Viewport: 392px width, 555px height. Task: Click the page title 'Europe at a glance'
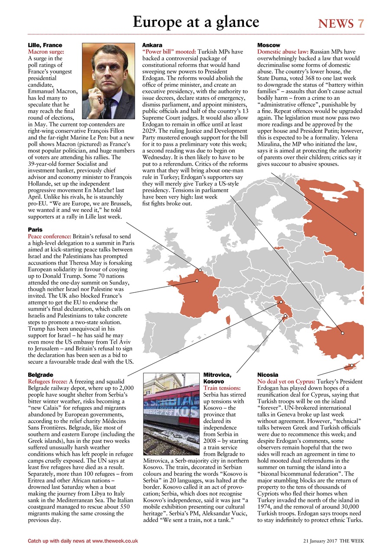196,22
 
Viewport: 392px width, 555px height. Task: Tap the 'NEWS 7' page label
341,23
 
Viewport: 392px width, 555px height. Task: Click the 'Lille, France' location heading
45,45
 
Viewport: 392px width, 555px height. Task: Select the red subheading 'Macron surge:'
46,52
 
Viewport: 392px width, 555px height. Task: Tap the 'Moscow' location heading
269,45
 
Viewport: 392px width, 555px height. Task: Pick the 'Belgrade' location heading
40,374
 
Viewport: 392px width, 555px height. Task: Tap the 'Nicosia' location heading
268,374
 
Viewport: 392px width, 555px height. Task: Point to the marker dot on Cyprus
352,366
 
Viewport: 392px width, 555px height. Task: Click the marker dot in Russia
355,234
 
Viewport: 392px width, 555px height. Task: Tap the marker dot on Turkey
342,333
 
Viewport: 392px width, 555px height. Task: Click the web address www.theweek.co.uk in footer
115,541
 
